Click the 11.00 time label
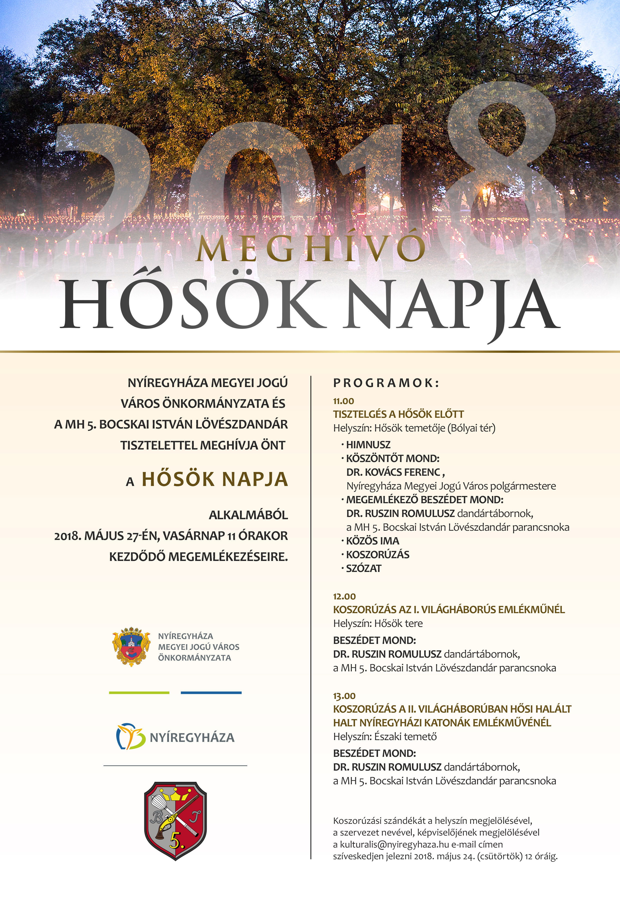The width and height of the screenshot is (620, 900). [x=343, y=401]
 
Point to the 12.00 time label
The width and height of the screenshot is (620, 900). [x=344, y=596]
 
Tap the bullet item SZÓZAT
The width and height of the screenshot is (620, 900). [x=363, y=568]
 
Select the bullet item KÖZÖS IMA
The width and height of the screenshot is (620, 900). [x=372, y=541]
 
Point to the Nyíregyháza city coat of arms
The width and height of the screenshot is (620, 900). [x=131, y=647]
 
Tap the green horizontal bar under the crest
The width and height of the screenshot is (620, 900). [x=139, y=693]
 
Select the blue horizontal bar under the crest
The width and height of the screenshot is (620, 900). [x=211, y=693]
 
